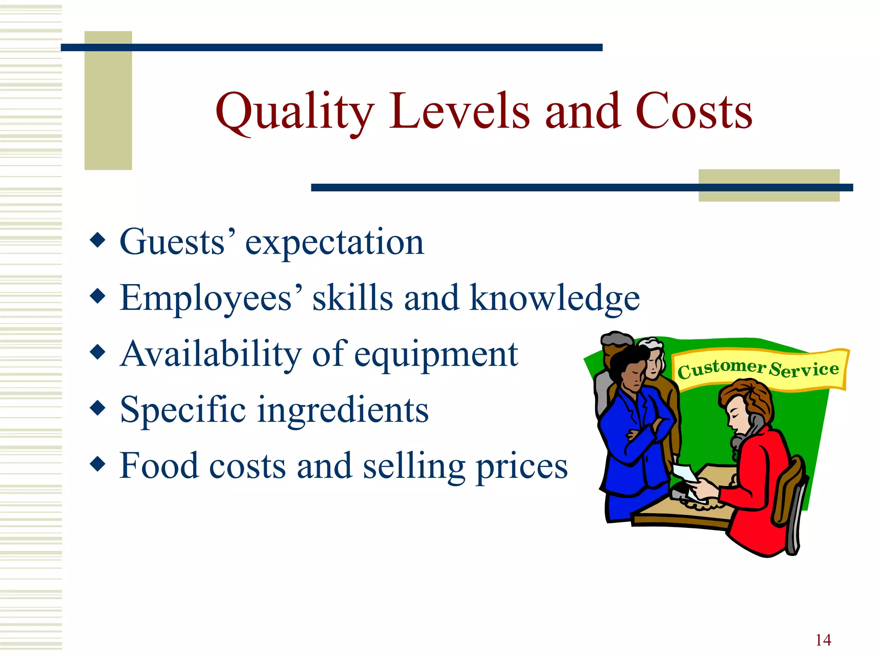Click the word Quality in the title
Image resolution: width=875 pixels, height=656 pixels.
[295, 112]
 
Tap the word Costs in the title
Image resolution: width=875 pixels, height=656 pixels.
[693, 112]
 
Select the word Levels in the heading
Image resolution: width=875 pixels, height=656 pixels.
[459, 112]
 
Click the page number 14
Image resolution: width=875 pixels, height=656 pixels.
[823, 640]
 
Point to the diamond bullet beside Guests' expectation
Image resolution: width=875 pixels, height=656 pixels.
[98, 240]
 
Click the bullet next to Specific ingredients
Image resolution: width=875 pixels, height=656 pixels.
[98, 408]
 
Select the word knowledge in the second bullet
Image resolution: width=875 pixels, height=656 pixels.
[554, 298]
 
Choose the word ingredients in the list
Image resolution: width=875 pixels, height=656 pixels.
[343, 410]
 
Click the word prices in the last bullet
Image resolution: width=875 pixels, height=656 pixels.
[522, 466]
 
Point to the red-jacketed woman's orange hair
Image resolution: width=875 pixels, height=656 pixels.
[748, 397]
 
